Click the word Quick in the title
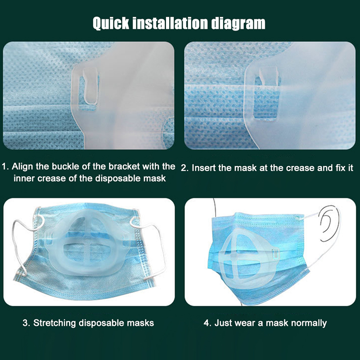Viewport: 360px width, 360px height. click(x=111, y=23)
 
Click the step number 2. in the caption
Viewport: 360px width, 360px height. click(x=185, y=168)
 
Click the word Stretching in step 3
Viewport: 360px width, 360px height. click(x=54, y=323)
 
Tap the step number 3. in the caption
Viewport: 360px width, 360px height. click(x=27, y=323)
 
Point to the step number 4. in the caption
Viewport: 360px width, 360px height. click(x=207, y=323)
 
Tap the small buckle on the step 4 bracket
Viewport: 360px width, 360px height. click(x=275, y=253)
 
